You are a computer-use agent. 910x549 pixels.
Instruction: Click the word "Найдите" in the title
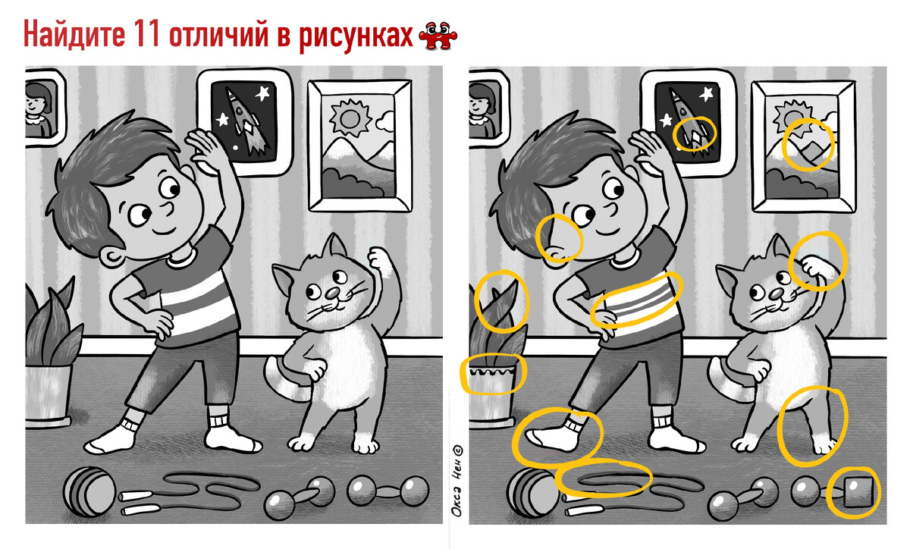(74, 34)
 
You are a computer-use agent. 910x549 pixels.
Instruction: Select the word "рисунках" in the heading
(356, 36)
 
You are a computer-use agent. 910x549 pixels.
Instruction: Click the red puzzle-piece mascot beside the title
(438, 36)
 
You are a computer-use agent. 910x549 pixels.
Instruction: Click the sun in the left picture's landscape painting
(350, 118)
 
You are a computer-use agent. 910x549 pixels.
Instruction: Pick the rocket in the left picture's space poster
(246, 122)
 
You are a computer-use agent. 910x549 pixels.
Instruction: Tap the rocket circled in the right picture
(690, 122)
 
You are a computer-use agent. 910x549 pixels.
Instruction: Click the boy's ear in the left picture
(111, 257)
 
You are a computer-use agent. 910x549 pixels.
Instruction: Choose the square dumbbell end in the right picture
(858, 493)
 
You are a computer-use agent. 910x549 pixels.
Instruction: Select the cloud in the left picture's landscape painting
(385, 121)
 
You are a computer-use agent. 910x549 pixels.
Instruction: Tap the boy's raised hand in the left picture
(206, 148)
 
